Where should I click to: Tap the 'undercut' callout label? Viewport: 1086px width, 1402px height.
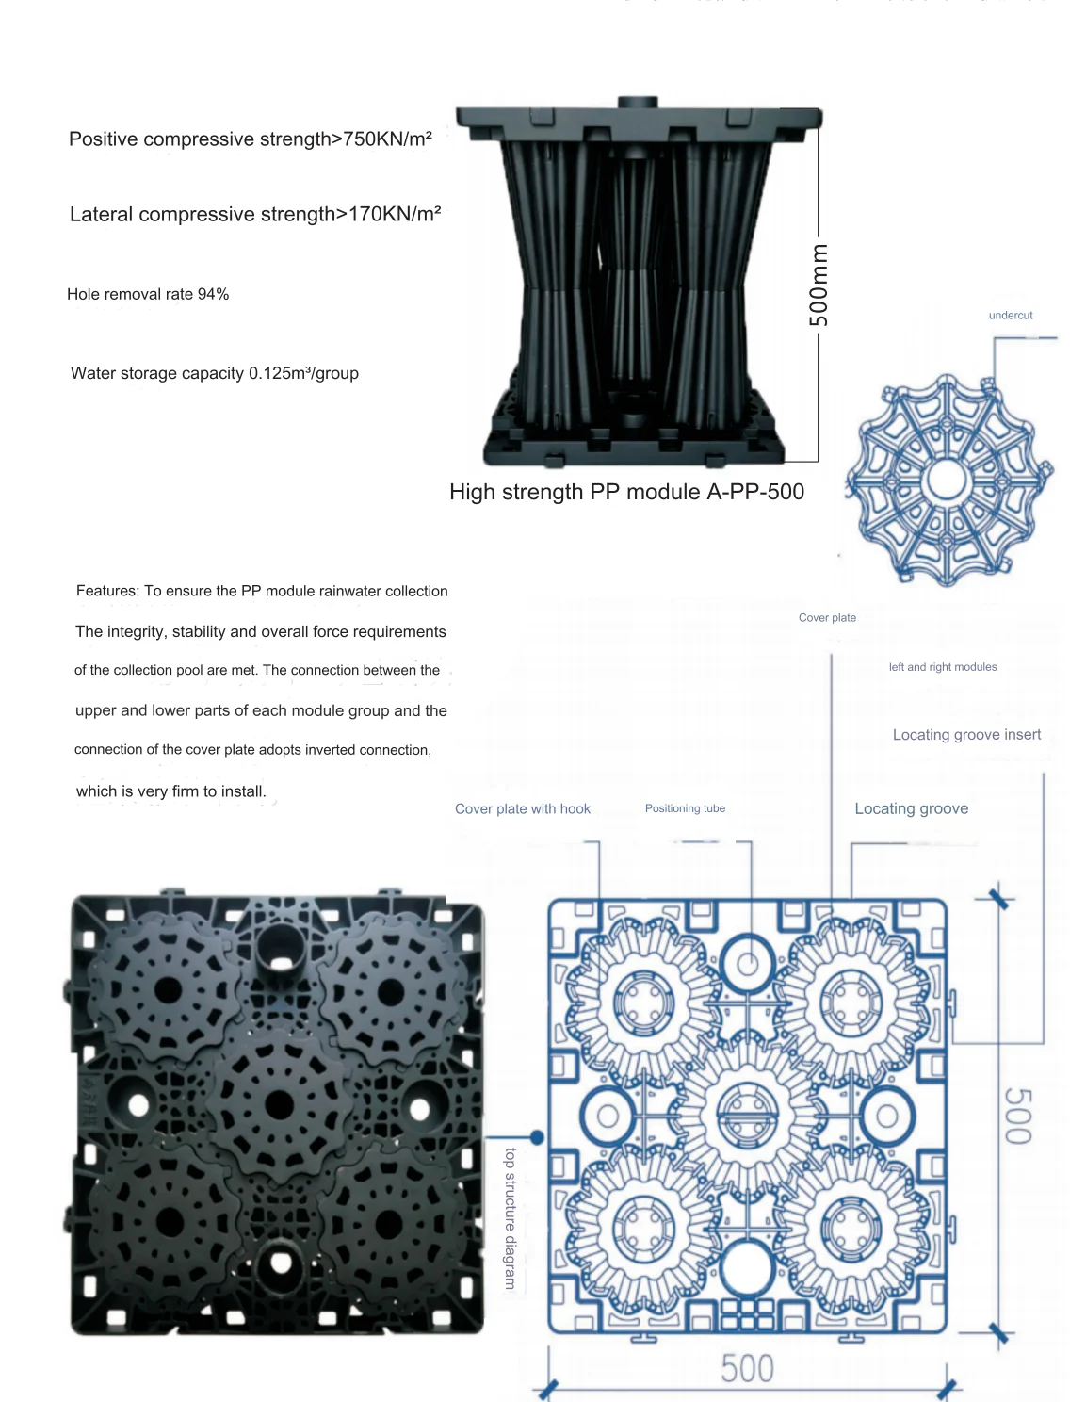point(1010,315)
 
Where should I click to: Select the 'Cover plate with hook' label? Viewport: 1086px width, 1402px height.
point(523,809)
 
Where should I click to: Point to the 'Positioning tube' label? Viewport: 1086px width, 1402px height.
point(685,808)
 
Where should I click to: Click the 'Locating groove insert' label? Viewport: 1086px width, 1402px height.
point(966,734)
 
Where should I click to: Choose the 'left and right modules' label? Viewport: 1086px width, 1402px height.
point(942,666)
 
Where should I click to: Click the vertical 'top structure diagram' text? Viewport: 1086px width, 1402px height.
point(511,1218)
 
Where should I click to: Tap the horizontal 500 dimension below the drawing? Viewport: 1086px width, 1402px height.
point(747,1368)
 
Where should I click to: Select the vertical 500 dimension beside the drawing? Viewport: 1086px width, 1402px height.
point(1019,1117)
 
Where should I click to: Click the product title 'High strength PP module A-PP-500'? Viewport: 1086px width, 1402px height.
point(626,492)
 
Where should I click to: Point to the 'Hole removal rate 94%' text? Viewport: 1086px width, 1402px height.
point(148,294)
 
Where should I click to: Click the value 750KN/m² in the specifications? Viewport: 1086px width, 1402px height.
point(387,139)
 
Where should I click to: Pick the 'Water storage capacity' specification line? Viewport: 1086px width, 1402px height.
point(214,373)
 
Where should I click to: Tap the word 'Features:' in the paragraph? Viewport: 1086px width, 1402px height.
point(107,591)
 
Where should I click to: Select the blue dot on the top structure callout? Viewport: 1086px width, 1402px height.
point(537,1137)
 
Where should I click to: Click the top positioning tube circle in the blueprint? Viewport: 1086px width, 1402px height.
point(748,965)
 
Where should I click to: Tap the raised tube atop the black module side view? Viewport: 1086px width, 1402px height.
point(637,102)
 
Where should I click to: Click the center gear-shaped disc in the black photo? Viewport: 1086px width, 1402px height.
point(280,1105)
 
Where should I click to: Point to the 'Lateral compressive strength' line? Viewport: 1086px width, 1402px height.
point(255,214)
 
